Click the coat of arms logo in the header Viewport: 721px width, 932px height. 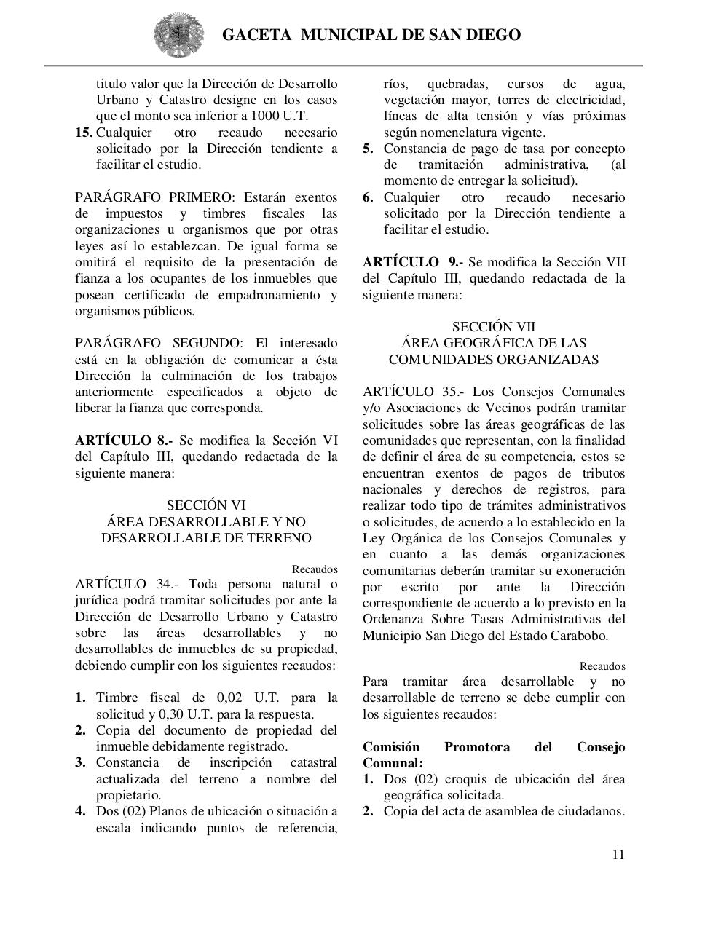pos(178,34)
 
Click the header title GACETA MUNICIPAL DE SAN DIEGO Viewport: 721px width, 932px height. pos(371,35)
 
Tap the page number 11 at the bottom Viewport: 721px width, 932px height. pos(618,855)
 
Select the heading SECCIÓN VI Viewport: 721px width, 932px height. pos(206,505)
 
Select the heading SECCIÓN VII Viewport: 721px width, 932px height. pos(494,327)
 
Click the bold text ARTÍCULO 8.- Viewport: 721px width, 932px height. pos(124,441)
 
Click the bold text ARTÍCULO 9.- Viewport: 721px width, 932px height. pos(412,262)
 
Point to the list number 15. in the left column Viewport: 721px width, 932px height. pos(84,133)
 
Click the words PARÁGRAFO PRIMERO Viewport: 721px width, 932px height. pos(155,197)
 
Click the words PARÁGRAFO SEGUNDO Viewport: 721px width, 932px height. pos(159,343)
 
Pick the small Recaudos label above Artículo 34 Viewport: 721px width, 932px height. pos(315,569)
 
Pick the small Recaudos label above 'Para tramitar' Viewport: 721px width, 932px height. pos(602,666)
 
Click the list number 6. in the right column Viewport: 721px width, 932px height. pos(369,197)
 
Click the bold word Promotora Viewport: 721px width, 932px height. pos(477,747)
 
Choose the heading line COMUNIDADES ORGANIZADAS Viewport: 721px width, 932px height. pos(494,360)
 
